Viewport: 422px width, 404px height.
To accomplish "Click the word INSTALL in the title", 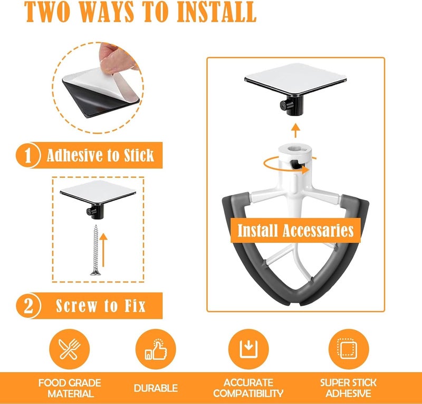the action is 216,12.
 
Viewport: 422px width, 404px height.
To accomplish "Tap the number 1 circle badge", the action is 28,155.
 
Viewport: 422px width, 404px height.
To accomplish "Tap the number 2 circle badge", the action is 28,306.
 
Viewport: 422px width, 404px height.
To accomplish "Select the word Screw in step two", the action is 76,306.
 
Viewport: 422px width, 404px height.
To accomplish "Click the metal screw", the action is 95,250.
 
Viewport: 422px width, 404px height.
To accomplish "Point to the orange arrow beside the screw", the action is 103,250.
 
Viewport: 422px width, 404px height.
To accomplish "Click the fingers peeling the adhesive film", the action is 117,59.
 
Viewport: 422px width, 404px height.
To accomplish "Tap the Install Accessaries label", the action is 295,230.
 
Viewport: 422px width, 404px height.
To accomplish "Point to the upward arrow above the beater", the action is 296,131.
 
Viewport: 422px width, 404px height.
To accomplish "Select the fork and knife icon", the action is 70,349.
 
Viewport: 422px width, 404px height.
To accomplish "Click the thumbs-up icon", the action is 156,349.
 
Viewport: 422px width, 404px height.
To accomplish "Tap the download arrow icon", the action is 248,349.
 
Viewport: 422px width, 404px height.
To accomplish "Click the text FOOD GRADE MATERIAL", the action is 70,388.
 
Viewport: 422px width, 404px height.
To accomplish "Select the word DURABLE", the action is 156,388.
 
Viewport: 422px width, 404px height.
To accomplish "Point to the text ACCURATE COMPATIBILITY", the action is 248,388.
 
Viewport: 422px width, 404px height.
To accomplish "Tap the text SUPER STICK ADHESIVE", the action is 348,388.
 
